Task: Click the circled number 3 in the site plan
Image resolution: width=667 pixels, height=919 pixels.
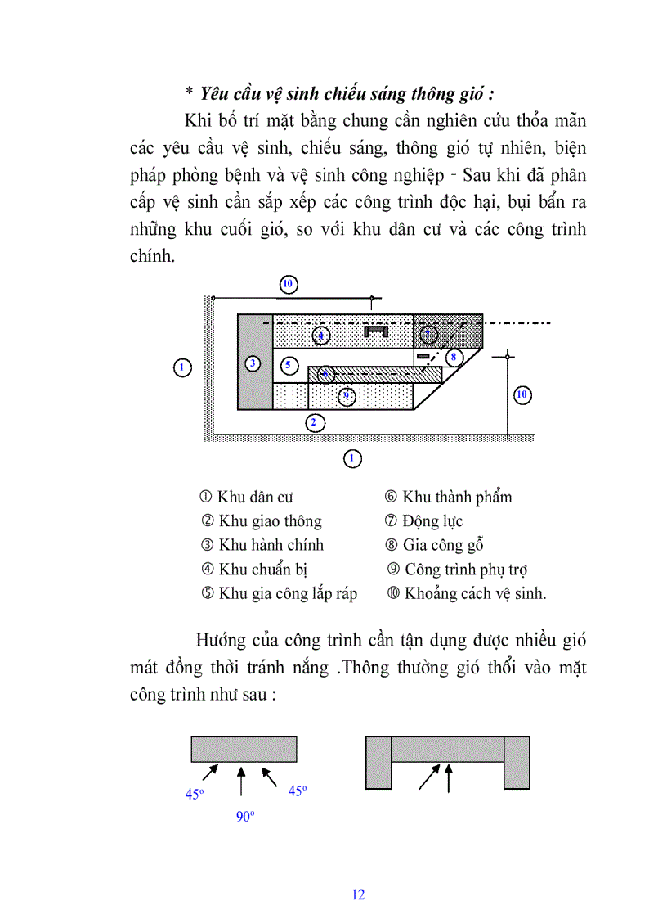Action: (253, 363)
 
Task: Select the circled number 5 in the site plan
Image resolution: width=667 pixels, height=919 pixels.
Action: (287, 363)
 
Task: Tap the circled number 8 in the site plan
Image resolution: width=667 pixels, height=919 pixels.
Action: (453, 357)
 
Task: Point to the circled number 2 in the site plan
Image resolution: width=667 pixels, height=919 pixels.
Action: (313, 423)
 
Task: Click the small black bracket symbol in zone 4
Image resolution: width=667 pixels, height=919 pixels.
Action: (376, 331)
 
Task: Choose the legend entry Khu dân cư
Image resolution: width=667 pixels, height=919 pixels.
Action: (246, 497)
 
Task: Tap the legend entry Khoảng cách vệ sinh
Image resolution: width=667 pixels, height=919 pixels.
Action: (466, 594)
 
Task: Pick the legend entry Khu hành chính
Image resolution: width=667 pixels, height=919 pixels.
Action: (262, 545)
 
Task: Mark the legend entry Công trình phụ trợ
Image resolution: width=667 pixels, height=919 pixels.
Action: (458, 570)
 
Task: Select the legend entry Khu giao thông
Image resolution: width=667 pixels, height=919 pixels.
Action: (261, 521)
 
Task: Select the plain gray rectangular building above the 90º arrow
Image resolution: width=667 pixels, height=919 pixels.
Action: (244, 749)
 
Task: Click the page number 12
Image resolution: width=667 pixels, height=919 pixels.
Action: (358, 894)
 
